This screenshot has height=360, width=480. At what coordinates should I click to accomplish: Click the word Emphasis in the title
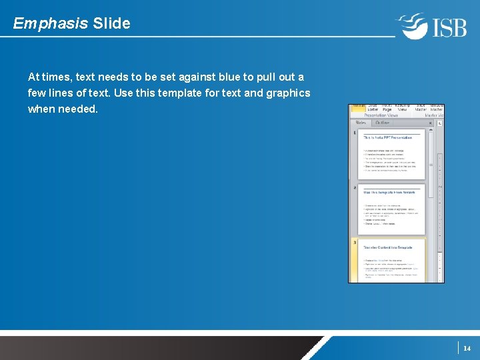[x=51, y=24]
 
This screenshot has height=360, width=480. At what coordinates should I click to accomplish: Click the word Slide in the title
[x=112, y=24]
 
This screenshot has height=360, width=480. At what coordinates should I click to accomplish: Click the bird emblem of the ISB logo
[x=412, y=26]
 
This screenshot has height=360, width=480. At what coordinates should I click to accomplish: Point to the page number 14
[x=467, y=348]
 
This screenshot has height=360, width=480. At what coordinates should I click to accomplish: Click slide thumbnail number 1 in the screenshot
[x=391, y=154]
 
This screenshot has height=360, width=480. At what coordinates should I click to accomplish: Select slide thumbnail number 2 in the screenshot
[x=391, y=209]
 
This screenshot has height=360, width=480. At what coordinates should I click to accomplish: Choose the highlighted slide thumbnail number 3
[x=391, y=261]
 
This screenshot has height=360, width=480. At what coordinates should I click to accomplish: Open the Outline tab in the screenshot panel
[x=383, y=123]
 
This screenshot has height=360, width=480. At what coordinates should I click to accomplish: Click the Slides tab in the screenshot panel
[x=361, y=123]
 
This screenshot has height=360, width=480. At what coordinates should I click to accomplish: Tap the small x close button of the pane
[x=431, y=123]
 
